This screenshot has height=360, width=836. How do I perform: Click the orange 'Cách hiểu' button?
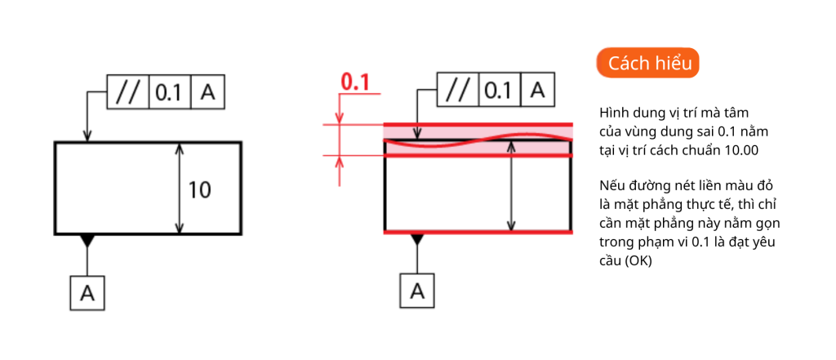pos(647,63)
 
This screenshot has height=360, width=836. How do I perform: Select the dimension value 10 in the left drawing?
pos(200,189)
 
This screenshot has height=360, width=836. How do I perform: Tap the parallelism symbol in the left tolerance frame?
pos(128,92)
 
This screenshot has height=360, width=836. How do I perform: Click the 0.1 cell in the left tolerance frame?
pos(170,92)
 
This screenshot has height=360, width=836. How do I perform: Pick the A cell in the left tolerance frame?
pos(207,92)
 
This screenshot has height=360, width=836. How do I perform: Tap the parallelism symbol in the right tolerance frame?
pos(458,90)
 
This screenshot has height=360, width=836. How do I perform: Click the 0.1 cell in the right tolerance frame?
pos(500,90)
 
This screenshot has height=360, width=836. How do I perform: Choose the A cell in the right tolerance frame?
pos(537,90)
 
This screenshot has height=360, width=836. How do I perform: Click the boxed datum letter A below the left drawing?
pos(87,293)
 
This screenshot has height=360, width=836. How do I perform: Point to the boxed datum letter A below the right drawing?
pos(417,291)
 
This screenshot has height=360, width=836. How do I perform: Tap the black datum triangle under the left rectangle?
pos(87,241)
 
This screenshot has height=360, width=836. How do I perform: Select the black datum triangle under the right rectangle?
pos(417,240)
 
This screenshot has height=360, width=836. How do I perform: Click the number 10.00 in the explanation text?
pos(741,150)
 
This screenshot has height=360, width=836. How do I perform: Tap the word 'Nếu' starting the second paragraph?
pos(610,187)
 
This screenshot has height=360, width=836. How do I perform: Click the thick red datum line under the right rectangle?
pos(478,233)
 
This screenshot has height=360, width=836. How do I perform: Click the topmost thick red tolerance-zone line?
pos(478,125)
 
